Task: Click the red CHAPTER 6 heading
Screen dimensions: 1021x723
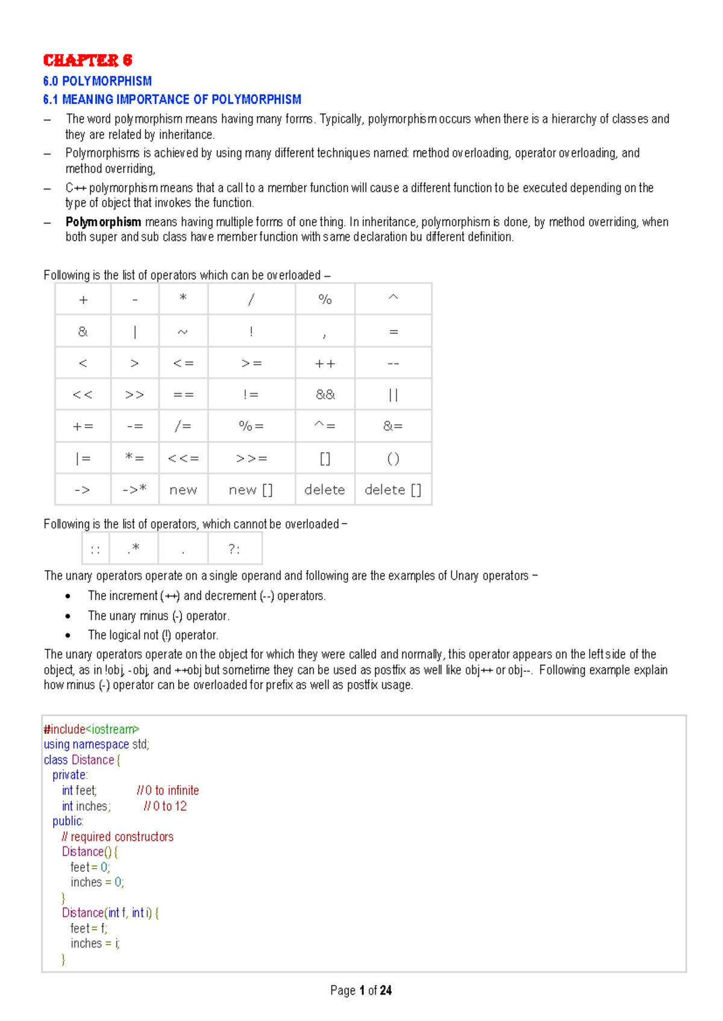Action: [x=87, y=60]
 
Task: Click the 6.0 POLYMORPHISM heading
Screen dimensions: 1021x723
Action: [x=97, y=81]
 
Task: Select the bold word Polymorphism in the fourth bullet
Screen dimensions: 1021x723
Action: [x=103, y=222]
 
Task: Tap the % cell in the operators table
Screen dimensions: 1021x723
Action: [x=325, y=299]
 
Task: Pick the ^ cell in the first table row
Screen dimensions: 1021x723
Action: [x=393, y=298]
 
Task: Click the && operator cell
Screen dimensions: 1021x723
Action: [x=325, y=394]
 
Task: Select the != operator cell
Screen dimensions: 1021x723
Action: [x=251, y=394]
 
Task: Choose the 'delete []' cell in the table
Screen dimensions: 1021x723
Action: [x=393, y=489]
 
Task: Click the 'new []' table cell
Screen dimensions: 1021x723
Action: [x=251, y=489]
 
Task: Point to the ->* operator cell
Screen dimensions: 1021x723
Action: [x=134, y=489]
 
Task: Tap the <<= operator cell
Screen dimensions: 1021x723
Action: [x=183, y=458]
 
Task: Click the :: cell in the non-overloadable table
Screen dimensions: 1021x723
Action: [x=95, y=548]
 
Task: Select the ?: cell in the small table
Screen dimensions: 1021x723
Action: [x=234, y=548]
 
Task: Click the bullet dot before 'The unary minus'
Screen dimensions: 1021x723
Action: [x=68, y=616]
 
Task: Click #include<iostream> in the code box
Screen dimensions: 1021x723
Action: [x=91, y=729]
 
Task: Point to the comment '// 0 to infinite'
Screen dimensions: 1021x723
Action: [x=167, y=790]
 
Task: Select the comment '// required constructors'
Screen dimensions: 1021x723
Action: [x=117, y=837]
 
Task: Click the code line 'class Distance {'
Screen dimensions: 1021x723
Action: [x=82, y=760]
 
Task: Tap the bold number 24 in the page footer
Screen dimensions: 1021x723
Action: [x=386, y=990]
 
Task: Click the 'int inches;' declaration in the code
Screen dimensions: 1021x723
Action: [x=86, y=806]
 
